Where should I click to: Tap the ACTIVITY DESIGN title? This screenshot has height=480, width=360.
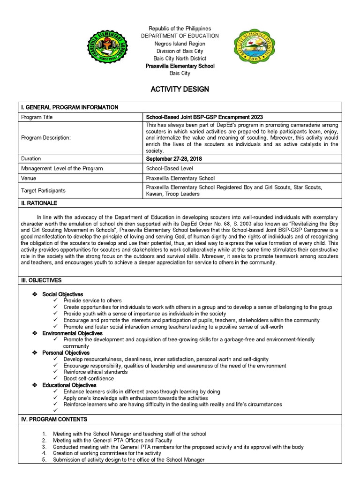pyautogui.click(x=180, y=89)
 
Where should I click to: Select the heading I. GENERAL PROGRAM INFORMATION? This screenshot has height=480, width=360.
pyautogui.click(x=69, y=107)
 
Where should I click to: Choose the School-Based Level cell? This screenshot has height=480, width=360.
pyautogui.click(x=169, y=168)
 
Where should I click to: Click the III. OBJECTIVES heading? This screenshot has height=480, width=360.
pyautogui.click(x=42, y=280)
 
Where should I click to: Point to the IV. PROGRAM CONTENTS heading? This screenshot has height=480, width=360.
pyautogui.click(x=54, y=419)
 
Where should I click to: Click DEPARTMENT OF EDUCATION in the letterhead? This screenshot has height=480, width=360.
pyautogui.click(x=180, y=36)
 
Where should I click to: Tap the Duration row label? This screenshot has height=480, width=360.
pyautogui.click(x=30, y=159)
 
